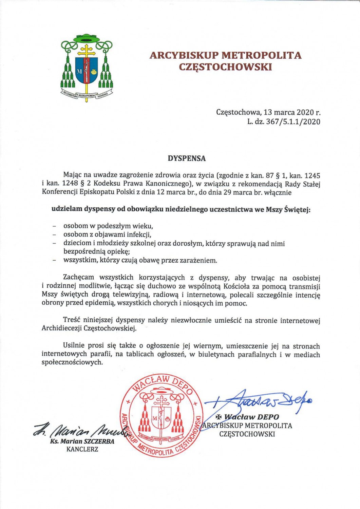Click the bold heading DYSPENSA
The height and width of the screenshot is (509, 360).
187,158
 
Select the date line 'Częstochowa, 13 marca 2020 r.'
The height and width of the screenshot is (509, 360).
268,112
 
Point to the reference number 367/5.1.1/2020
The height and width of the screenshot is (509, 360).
288,121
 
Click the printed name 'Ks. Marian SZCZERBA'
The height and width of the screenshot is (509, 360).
82,441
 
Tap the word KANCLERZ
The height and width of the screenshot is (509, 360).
82,449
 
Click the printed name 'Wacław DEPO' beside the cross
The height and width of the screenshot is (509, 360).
252,417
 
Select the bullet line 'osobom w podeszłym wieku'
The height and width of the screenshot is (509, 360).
106,226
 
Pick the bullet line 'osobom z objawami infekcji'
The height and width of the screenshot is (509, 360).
107,234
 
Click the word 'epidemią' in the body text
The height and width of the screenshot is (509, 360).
101,303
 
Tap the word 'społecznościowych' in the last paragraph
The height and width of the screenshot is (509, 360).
72,362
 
